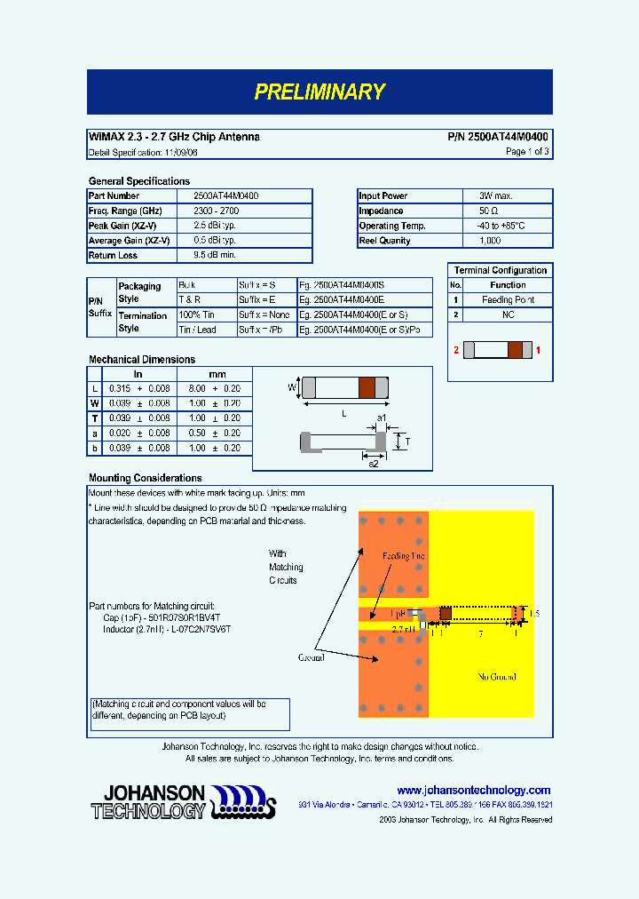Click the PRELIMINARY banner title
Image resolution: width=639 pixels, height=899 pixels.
(x=319, y=91)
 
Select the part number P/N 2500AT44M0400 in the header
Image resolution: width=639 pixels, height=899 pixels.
(x=497, y=137)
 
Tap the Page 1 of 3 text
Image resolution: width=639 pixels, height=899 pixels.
(x=527, y=152)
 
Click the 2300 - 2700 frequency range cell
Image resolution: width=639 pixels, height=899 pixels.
(x=216, y=211)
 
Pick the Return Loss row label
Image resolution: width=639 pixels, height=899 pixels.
(x=114, y=256)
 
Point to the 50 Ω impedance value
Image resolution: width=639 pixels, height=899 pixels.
(x=489, y=211)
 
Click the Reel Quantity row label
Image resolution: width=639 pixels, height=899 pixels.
(x=384, y=241)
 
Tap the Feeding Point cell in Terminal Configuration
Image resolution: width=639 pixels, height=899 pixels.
(x=508, y=300)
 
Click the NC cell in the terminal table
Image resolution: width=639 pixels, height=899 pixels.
(x=508, y=315)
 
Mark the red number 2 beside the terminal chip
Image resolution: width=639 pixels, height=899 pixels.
(x=456, y=351)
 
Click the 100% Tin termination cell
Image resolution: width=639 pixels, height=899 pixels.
(x=197, y=314)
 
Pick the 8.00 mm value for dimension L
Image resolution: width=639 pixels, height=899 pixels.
(x=197, y=389)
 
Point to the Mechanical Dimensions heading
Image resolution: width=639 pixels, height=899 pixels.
(x=142, y=360)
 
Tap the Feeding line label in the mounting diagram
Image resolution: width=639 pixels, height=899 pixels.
(x=403, y=556)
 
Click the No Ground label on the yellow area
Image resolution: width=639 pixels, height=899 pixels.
(x=497, y=677)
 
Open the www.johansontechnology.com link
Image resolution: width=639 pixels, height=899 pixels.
(x=473, y=790)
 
